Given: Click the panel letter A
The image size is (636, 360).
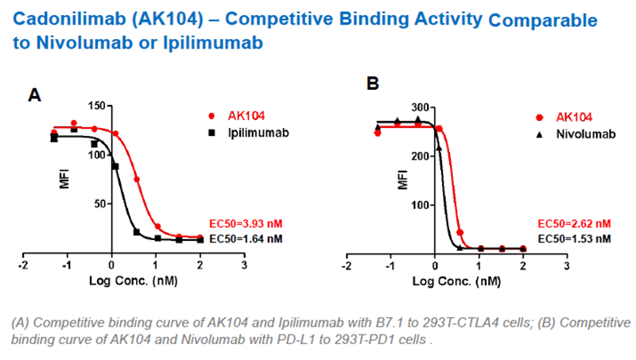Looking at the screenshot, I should tap(34, 96).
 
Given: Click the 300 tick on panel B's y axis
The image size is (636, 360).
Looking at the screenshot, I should tap(416, 107).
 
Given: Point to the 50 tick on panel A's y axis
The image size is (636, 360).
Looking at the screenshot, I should tap(99, 203).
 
